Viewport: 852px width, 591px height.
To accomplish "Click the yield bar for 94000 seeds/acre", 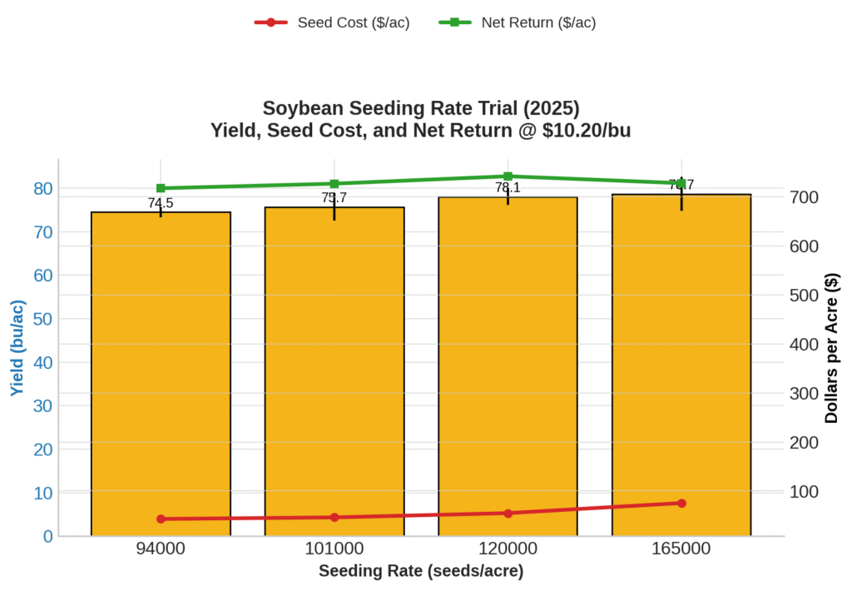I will point(161,375).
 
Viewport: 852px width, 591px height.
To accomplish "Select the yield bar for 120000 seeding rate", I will point(508,366).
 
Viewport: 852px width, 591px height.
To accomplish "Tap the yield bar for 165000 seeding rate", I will point(681,366).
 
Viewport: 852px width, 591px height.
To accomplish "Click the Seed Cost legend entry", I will point(333,22).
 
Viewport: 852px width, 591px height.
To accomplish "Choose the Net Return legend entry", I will point(518,22).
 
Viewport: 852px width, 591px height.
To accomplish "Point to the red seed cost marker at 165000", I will point(681,503).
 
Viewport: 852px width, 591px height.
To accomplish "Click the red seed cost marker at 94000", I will point(161,519).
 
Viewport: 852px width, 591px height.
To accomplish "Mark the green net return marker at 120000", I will point(508,176).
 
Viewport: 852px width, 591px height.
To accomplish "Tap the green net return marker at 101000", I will point(334,184).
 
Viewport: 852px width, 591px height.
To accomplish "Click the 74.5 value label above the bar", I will point(161,203).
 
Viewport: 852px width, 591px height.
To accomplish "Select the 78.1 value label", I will point(508,188).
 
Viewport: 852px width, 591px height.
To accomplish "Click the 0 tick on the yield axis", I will point(47,536).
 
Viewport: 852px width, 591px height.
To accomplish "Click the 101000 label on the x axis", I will point(334,549).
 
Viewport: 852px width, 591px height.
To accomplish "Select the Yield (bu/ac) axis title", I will point(17,347).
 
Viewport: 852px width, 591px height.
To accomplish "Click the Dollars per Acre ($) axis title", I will point(831,348).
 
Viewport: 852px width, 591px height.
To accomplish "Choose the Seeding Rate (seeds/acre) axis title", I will point(421,572).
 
